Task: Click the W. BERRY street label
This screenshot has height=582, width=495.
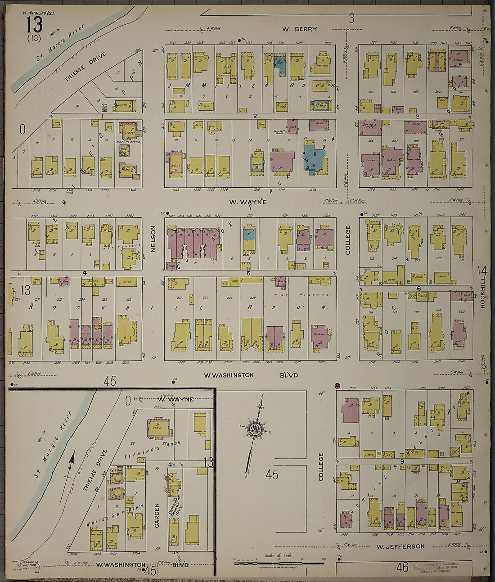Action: click(300, 29)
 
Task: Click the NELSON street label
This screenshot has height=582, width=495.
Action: click(153, 239)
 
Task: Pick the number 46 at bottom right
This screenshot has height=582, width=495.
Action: click(402, 568)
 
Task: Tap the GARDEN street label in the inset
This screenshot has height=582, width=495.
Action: click(158, 514)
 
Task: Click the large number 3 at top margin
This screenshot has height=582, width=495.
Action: click(351, 18)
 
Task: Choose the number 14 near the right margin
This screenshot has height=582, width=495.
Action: click(481, 271)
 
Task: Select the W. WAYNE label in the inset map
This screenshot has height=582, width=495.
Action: click(175, 399)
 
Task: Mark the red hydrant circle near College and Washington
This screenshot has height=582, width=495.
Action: click(337, 386)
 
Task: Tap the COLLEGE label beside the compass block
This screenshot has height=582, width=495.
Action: click(321, 467)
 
